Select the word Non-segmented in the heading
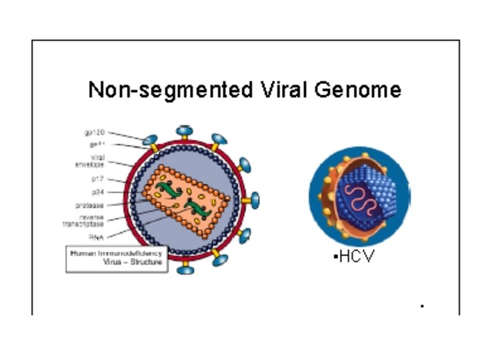(166, 90)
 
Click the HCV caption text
(355, 257)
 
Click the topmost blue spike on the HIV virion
(184, 132)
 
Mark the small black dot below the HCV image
(422, 306)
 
